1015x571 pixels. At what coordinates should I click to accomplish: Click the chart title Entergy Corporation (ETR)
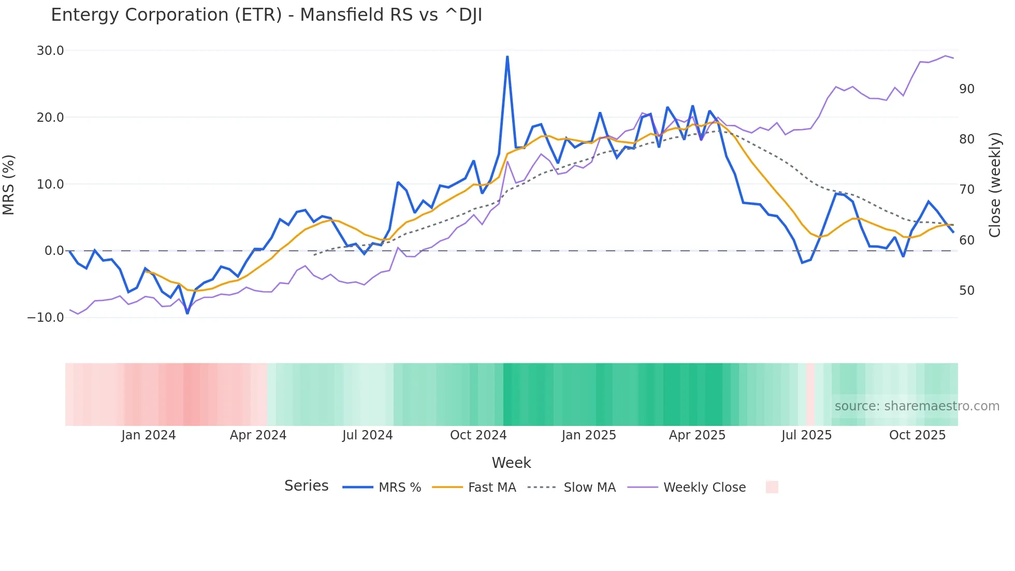(266, 15)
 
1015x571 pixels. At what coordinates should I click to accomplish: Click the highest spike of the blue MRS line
(507, 56)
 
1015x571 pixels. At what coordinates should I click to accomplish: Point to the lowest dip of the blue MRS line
(187, 313)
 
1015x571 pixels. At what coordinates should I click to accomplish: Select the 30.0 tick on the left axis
(50, 51)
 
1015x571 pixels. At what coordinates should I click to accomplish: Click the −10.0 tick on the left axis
(46, 318)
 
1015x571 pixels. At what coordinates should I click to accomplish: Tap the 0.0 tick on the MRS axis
(54, 251)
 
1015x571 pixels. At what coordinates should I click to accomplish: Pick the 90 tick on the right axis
(966, 89)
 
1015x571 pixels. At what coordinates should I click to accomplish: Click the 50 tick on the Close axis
(966, 291)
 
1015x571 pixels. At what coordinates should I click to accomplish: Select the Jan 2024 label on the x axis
(149, 435)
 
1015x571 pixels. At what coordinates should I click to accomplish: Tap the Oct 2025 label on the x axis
(917, 435)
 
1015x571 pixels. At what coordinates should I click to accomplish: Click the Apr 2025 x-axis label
(697, 435)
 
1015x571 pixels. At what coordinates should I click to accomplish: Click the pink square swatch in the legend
(772, 487)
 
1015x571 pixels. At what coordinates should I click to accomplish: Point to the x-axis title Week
(511, 463)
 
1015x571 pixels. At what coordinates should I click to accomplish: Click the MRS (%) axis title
(9, 184)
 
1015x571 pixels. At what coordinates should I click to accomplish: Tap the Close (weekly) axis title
(994, 184)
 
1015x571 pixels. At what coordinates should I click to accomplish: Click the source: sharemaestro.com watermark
(917, 406)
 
